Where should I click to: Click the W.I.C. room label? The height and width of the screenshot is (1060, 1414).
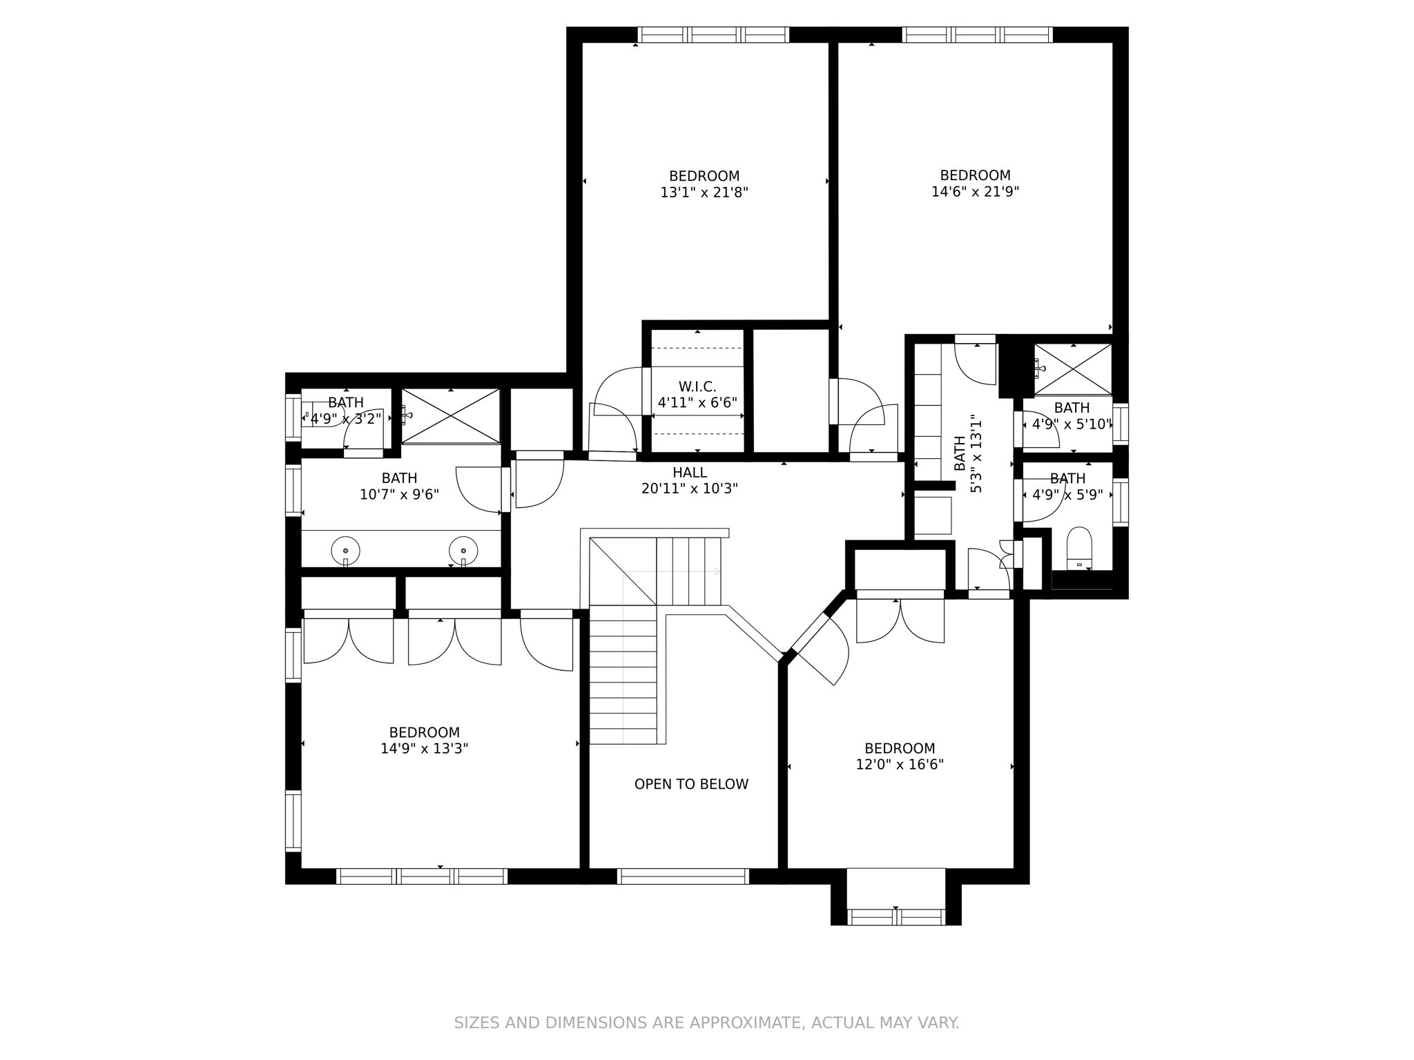pos(697,386)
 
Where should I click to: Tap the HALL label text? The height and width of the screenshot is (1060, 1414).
pos(690,473)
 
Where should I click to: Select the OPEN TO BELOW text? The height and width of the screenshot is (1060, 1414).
pos(691,784)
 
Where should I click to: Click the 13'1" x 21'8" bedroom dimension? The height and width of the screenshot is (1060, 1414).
pos(704,193)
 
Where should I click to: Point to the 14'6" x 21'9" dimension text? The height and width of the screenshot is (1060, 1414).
pos(975,192)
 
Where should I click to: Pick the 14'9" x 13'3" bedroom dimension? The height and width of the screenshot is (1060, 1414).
pos(425,749)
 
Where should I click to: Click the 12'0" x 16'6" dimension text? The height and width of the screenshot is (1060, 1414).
pos(900,765)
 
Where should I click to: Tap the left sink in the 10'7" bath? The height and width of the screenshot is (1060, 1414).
pos(345,551)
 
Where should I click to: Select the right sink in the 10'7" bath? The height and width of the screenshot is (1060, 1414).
pos(463,551)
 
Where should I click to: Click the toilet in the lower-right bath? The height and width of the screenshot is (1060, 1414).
pos(1078,549)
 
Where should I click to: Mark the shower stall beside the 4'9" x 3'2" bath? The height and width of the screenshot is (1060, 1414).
pos(451,416)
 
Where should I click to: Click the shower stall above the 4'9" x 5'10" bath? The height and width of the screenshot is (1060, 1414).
pos(1073,369)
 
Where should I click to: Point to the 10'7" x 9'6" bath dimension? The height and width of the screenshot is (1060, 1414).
pos(399,495)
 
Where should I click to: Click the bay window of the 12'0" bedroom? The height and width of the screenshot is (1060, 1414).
pos(895,917)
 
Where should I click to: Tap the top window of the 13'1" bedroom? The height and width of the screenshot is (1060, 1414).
pos(713,35)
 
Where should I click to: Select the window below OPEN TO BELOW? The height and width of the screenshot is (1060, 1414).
pos(683,876)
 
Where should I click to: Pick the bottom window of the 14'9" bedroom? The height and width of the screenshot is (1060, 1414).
pos(422,876)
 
